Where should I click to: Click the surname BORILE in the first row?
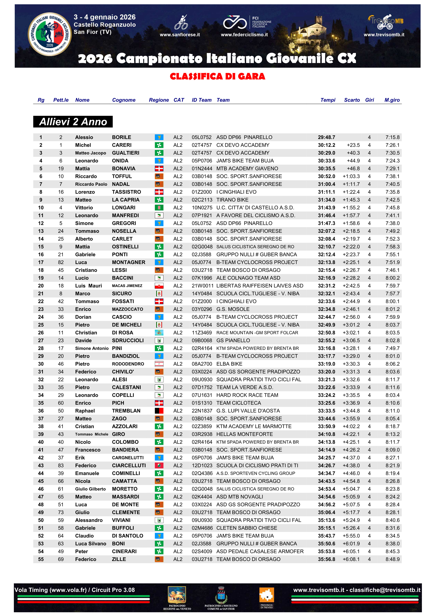121,137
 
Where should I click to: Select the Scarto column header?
352,100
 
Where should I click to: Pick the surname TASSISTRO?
126,192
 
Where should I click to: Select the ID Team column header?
201,100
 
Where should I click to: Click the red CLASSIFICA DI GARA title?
217,77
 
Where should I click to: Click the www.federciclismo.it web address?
244,35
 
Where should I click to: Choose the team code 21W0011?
202,286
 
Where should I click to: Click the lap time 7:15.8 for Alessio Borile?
392,137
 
